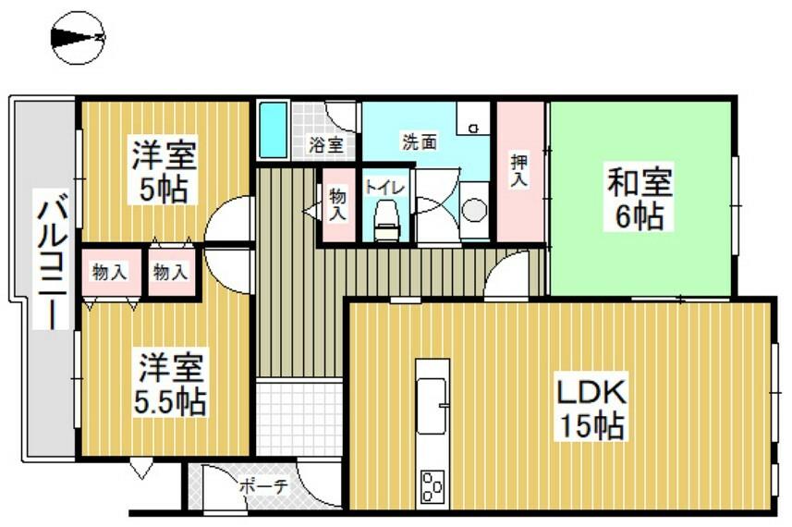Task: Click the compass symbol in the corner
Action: tap(78, 38)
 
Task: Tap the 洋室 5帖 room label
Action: tap(164, 172)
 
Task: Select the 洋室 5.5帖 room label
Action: tap(171, 383)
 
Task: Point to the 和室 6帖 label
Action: tap(640, 199)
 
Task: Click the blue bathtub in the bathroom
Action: tap(274, 129)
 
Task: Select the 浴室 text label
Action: tap(326, 145)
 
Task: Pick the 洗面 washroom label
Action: tap(420, 141)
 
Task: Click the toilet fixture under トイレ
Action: tap(387, 220)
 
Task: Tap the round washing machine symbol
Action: tap(474, 210)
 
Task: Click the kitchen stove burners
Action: tap(433, 486)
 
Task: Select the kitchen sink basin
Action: tap(432, 405)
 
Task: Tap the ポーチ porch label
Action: tap(263, 486)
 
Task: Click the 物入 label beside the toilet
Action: tap(337, 204)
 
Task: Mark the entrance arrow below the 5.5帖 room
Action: tap(141, 469)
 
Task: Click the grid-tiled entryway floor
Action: tap(299, 419)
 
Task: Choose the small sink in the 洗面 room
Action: tap(473, 118)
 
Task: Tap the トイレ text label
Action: tap(384, 188)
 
